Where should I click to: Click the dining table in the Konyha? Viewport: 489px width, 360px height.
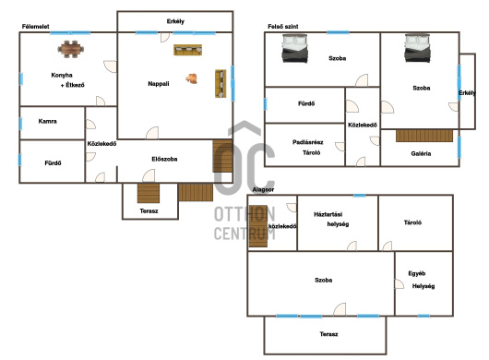click(x=71, y=49)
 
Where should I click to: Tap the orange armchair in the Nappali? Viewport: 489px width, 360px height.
click(x=192, y=78)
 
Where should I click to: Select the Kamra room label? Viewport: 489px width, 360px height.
click(x=47, y=121)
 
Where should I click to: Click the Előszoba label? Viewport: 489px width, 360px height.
click(x=164, y=159)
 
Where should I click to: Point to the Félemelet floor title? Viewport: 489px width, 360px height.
click(x=36, y=27)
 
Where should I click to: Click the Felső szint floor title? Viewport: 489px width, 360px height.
click(x=283, y=27)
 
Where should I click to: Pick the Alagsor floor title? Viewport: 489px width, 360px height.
click(x=263, y=189)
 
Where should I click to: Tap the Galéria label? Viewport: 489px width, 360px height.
click(x=421, y=153)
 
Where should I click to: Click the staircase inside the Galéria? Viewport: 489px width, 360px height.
click(x=424, y=136)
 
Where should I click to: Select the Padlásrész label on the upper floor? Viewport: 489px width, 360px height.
click(x=308, y=142)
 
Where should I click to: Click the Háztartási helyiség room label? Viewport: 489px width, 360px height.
click(x=331, y=220)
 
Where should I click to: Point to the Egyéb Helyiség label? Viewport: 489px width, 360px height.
click(x=422, y=280)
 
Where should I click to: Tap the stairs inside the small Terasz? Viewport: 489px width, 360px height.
click(x=149, y=193)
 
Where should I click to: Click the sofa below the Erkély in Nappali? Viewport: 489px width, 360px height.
click(x=187, y=50)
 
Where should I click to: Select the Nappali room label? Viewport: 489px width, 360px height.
click(x=159, y=84)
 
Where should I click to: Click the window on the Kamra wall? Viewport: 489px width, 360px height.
click(x=20, y=124)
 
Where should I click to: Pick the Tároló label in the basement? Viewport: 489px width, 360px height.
click(x=412, y=222)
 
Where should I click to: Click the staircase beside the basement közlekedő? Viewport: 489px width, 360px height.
click(x=258, y=226)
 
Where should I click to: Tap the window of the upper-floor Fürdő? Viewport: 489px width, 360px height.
click(x=265, y=104)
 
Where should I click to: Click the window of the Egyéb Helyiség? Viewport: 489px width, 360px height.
click(x=423, y=316)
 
